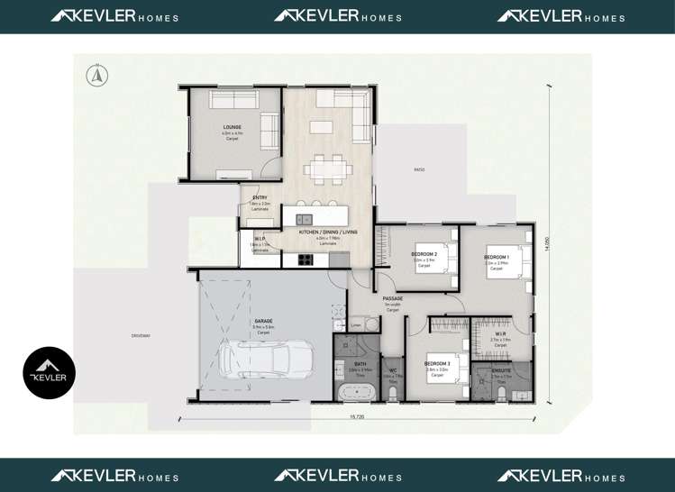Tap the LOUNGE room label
click(x=232, y=128)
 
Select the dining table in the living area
click(x=323, y=167)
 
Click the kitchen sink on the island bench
click(x=305, y=219)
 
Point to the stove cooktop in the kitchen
click(x=305, y=260)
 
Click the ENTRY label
click(x=260, y=197)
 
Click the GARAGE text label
click(x=263, y=320)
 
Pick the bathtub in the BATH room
click(x=356, y=392)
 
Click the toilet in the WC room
click(x=393, y=393)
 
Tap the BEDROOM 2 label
click(x=424, y=254)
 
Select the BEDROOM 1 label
click(x=497, y=257)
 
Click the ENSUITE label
click(x=501, y=370)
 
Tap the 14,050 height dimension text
click(x=547, y=244)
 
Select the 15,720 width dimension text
click(x=358, y=416)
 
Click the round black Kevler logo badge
click(x=49, y=373)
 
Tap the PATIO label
click(x=418, y=169)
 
